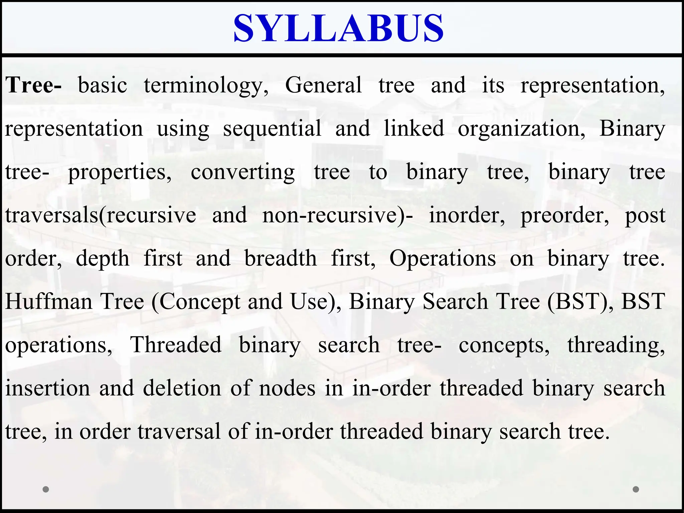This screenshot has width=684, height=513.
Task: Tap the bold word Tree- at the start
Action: pos(33,85)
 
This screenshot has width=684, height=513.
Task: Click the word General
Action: pos(323,85)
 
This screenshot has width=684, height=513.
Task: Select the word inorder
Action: pos(467,215)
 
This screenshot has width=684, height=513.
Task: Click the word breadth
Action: pos(281,259)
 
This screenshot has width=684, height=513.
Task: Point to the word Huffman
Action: pos(49,302)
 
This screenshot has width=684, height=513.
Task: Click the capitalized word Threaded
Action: pos(176,345)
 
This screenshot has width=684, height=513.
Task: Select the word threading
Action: pos(616,345)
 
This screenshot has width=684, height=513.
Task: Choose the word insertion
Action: pos(48,388)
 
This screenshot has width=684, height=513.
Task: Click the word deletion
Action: pos(182,388)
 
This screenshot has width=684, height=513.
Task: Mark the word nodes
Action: pos(287,388)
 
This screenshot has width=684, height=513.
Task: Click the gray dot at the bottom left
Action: pos(46,489)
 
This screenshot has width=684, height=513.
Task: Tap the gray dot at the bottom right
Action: pos(636,489)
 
